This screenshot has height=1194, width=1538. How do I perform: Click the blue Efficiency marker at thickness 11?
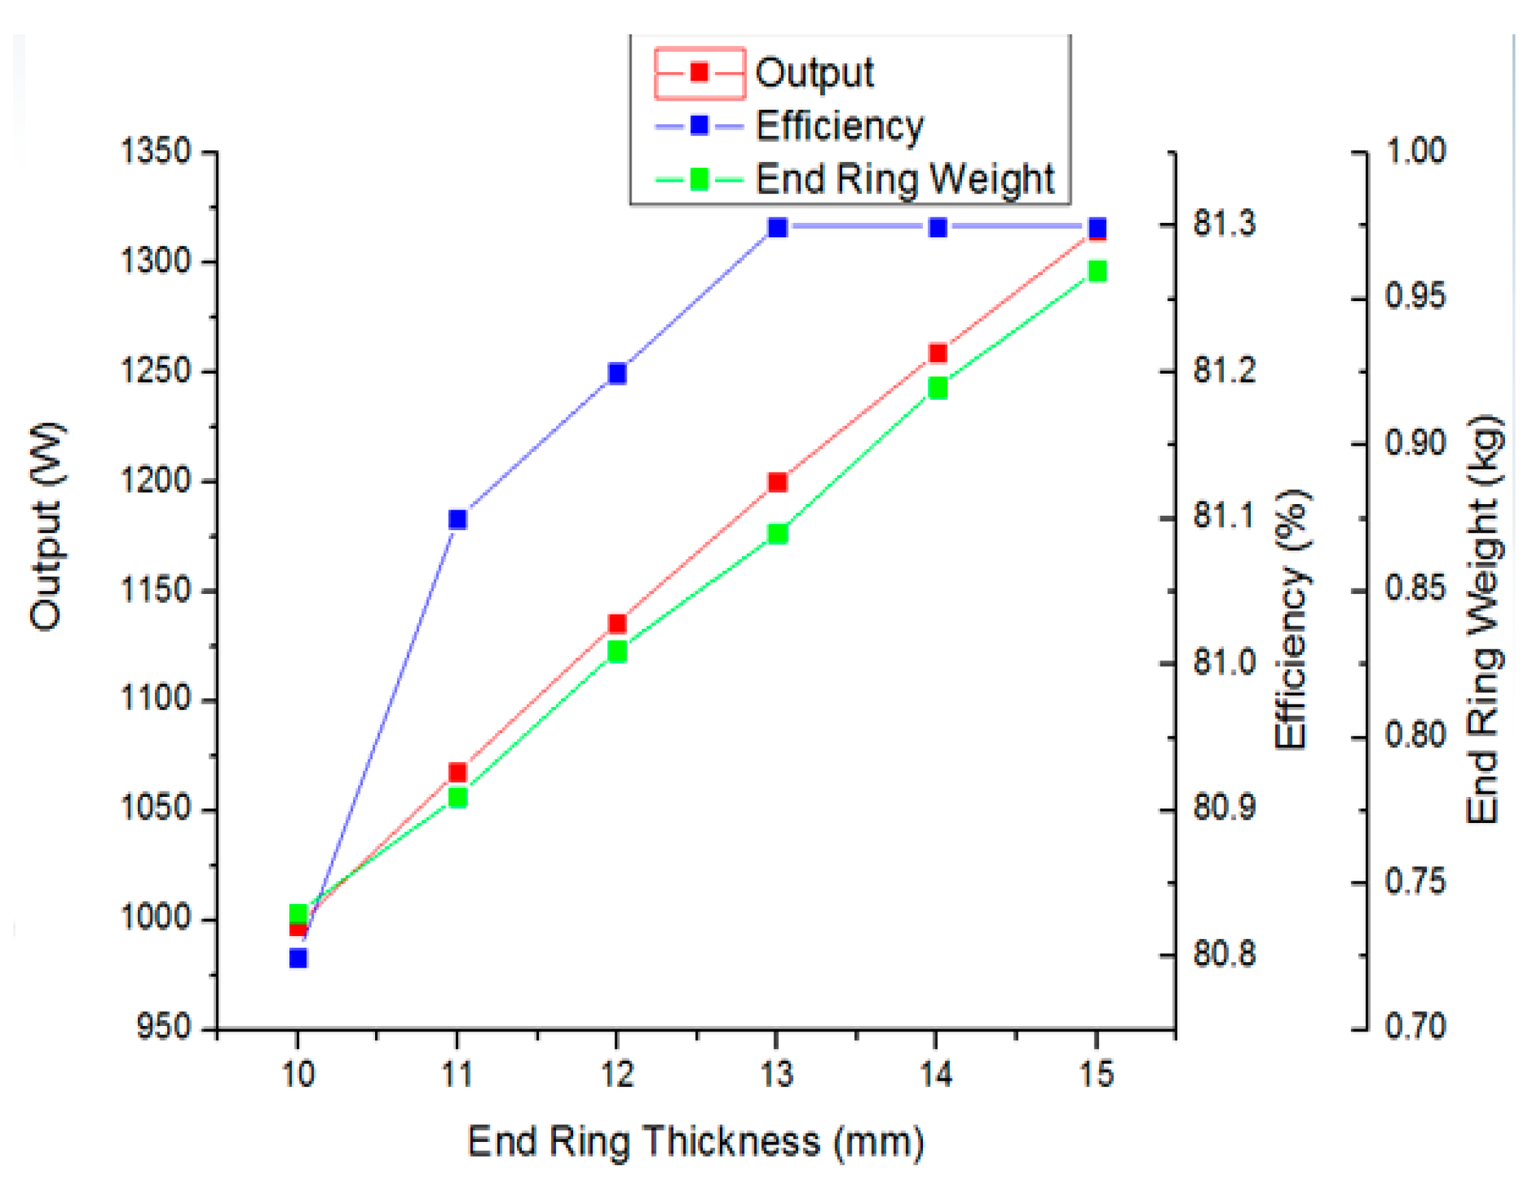click(458, 519)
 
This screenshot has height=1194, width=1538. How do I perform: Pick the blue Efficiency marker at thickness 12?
click(618, 372)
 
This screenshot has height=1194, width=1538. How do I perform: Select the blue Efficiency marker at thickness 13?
click(778, 228)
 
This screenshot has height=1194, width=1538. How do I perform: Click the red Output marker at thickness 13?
click(778, 483)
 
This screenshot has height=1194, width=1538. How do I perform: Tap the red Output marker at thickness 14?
click(937, 353)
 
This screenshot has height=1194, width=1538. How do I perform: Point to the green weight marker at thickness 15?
click(1097, 271)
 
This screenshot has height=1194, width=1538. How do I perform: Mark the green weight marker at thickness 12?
click(618, 652)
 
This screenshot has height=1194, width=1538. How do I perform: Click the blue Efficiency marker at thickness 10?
click(298, 958)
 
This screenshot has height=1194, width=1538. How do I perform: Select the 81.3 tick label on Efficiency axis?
click(1224, 224)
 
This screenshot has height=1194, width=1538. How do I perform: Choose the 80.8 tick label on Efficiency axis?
click(1224, 954)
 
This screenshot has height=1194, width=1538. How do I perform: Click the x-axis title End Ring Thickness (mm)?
click(695, 1141)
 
